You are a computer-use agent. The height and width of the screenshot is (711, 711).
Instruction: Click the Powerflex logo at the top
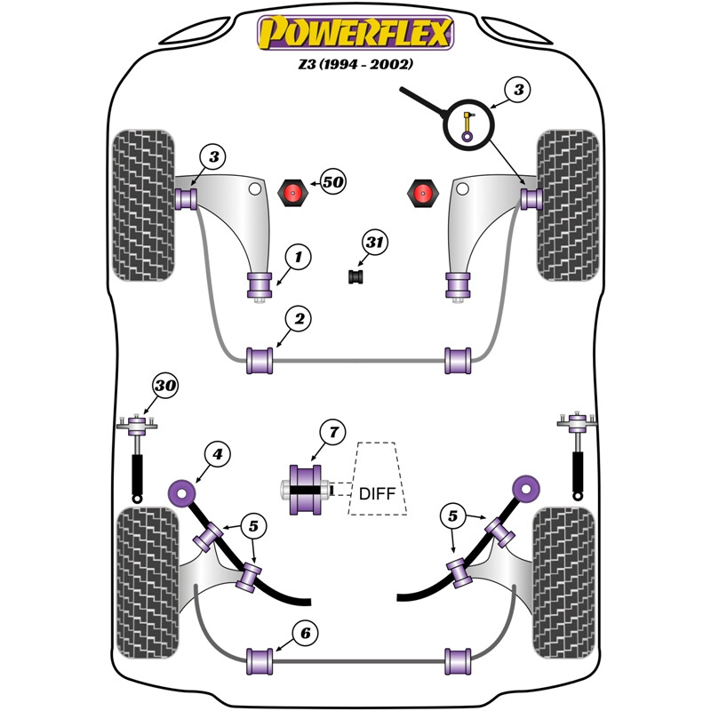(x=355, y=33)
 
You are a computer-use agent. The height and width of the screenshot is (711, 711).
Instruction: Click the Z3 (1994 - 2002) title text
(x=355, y=64)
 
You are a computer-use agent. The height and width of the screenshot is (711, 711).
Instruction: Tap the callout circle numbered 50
(x=333, y=182)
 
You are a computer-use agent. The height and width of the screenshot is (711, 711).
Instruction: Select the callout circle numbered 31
(x=374, y=242)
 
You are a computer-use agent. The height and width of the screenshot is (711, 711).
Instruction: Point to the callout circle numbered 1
(x=299, y=257)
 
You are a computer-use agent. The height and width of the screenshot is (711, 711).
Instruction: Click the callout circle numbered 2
(x=299, y=319)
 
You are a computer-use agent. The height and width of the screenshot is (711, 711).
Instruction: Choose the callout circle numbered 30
(x=165, y=386)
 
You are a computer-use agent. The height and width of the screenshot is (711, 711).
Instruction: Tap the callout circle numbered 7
(x=333, y=432)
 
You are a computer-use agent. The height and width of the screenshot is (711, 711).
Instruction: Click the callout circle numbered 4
(x=218, y=454)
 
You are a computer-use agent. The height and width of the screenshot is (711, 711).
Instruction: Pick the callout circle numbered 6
(x=305, y=633)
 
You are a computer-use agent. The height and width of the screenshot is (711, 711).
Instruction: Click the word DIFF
(x=377, y=493)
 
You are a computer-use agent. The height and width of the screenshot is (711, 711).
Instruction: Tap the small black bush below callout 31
(x=356, y=277)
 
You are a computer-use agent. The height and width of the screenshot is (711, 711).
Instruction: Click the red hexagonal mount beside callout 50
(x=293, y=193)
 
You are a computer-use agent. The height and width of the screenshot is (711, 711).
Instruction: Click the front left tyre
(x=143, y=205)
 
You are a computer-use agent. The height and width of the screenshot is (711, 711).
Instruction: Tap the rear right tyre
(x=563, y=583)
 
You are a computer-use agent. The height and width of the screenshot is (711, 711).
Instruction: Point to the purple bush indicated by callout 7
(x=305, y=490)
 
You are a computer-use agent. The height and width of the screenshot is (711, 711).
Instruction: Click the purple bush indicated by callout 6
(x=260, y=661)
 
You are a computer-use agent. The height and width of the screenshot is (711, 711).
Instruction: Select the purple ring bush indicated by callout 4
(x=181, y=493)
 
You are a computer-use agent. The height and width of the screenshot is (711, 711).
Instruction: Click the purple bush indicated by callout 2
(x=260, y=361)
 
